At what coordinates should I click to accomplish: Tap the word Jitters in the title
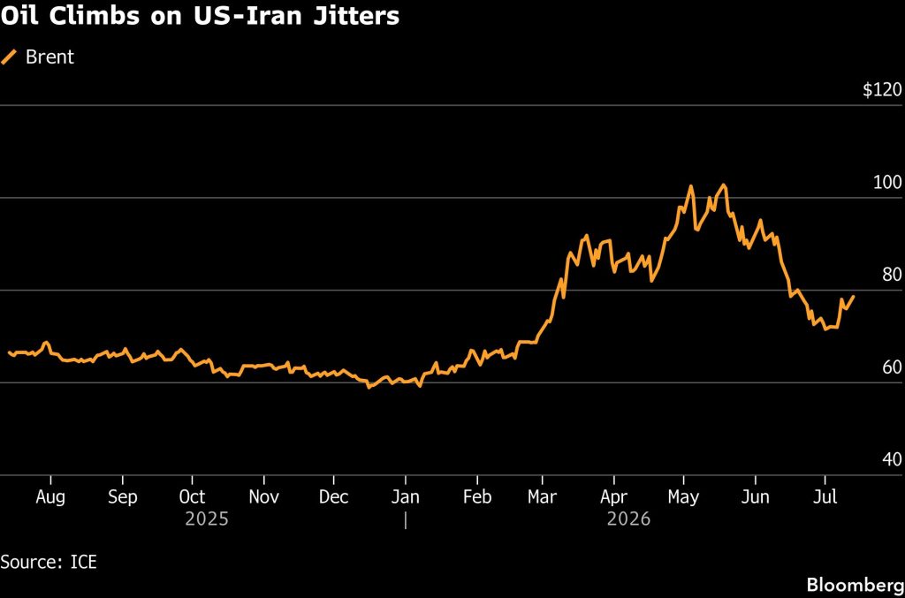356,16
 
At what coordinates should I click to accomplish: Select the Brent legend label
49,57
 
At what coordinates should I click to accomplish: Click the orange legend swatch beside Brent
9,57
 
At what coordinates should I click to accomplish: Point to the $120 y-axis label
882,89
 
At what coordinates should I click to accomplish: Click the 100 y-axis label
887,182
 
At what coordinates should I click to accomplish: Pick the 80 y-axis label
892,275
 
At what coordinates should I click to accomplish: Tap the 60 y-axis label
892,367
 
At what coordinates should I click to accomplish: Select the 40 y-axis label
892,459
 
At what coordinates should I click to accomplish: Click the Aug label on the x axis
50,497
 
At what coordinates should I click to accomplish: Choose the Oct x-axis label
192,496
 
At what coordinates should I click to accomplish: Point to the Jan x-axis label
405,496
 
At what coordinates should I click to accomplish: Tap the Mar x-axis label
542,496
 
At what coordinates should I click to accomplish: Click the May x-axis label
683,497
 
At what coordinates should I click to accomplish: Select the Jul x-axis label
825,496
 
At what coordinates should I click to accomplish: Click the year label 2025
207,519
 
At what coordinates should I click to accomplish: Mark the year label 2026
628,519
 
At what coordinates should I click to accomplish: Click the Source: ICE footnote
49,562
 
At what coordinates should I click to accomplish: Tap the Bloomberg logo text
856,585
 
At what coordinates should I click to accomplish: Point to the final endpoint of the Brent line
854,297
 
